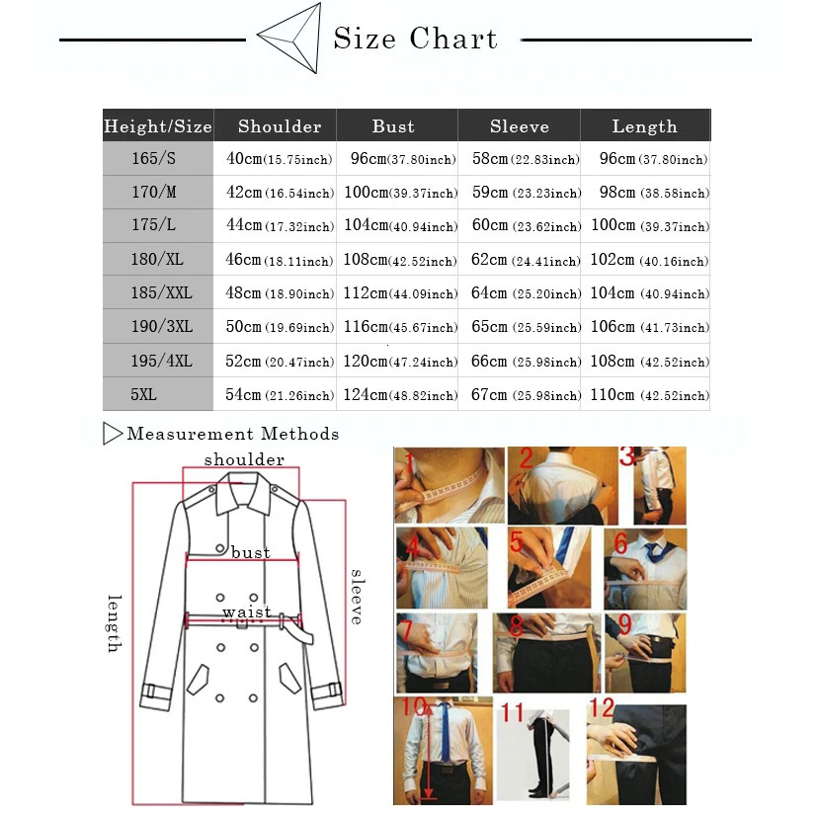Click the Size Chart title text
(x=415, y=40)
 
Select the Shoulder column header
(x=280, y=126)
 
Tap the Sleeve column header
(x=519, y=126)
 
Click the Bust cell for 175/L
(x=399, y=226)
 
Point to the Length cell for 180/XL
(x=649, y=261)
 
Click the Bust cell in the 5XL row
(x=399, y=395)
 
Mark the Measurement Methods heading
(x=232, y=434)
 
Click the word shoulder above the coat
(x=244, y=459)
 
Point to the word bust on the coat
(x=250, y=552)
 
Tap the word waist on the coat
(x=246, y=613)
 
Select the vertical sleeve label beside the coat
(x=357, y=597)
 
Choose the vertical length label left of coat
(x=114, y=623)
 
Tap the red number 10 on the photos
(x=413, y=708)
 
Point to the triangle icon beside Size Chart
(x=290, y=37)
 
